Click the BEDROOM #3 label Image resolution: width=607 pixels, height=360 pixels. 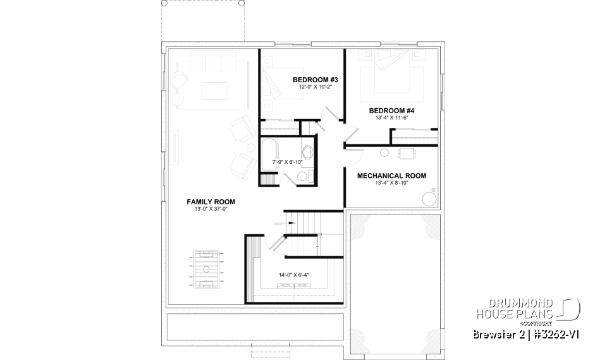316,80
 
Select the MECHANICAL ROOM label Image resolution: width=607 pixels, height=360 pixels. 391,176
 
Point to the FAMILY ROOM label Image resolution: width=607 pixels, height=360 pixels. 206,202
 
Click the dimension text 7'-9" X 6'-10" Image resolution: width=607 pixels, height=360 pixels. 288,162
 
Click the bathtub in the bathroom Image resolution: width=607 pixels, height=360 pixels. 268,154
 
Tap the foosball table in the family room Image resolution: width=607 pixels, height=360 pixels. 206,270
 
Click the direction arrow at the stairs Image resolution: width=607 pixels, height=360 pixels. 278,223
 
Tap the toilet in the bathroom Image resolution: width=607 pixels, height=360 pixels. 307,152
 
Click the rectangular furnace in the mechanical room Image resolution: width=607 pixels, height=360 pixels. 407,152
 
